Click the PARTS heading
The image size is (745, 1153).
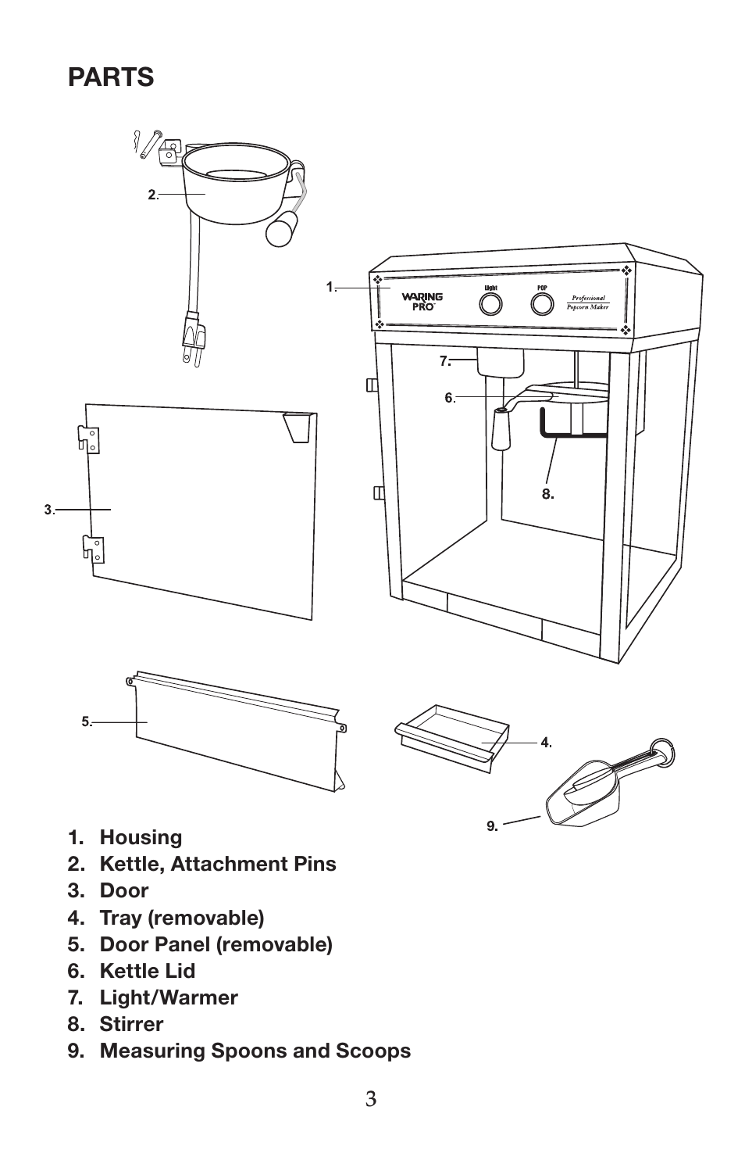click(111, 77)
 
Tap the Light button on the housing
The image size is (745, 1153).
click(490, 303)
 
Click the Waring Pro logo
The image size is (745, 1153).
click(422, 301)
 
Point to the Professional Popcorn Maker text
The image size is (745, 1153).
click(588, 303)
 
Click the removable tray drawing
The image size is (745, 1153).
click(453, 736)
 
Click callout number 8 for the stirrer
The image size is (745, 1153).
click(548, 493)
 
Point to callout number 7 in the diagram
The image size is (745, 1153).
click(444, 360)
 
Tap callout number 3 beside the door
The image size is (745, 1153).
click(48, 510)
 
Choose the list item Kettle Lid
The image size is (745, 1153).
click(147, 971)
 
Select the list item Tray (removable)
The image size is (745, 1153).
click(181, 917)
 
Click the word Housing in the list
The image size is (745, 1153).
click(141, 837)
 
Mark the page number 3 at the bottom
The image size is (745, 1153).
click(371, 1099)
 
